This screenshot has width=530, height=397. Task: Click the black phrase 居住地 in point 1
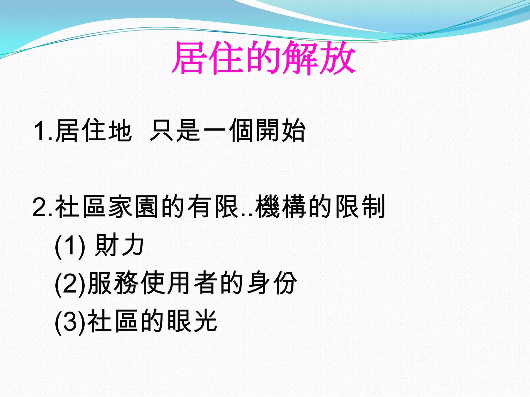(x=93, y=131)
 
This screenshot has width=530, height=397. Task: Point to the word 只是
(x=175, y=131)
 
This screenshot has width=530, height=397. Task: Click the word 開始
(x=281, y=131)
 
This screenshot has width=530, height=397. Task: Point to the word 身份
(x=272, y=283)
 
